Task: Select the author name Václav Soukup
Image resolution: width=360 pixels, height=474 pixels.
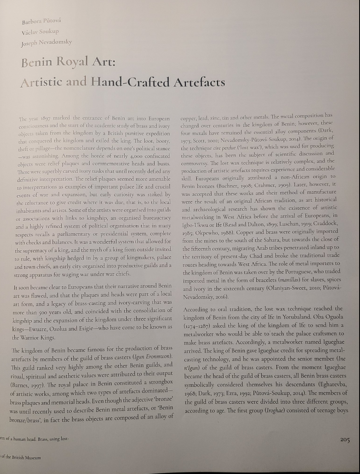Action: point(40,32)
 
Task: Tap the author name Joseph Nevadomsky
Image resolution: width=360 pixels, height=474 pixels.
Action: point(46,42)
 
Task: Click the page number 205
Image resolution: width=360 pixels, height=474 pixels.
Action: point(345,440)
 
